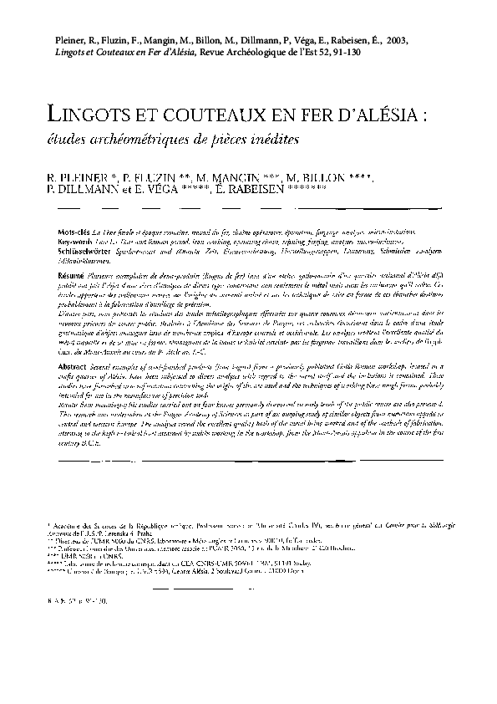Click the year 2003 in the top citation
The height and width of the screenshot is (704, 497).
[x=393, y=40]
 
